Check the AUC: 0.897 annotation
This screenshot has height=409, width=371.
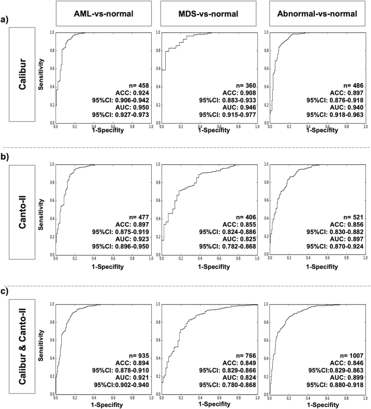(x=348, y=238)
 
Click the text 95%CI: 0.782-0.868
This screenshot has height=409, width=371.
(x=229, y=246)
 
